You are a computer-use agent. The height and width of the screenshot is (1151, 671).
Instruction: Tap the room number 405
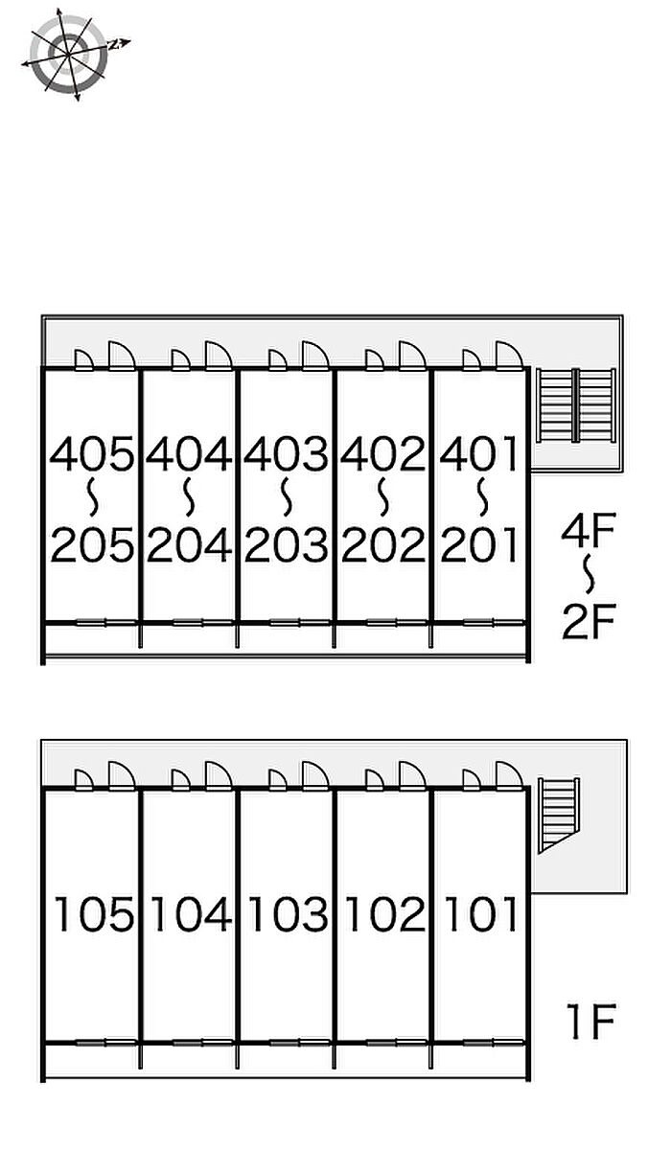pos(92,454)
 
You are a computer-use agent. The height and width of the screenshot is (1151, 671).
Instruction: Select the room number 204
pos(190,546)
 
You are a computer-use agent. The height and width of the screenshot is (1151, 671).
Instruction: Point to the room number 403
pos(287,454)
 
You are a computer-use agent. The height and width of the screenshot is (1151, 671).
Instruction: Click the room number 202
pos(383,546)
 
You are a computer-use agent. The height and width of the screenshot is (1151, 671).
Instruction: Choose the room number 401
pos(480,454)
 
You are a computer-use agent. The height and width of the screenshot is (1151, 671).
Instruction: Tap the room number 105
pos(93,915)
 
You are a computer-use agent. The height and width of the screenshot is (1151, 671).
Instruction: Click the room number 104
pos(190,915)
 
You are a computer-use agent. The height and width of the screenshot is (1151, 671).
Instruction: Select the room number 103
pos(287,915)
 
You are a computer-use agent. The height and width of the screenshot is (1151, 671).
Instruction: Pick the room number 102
pos(383,915)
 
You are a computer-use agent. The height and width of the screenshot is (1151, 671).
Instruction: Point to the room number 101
pos(480,915)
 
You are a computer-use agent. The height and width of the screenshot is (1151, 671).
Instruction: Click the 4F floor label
pos(588,530)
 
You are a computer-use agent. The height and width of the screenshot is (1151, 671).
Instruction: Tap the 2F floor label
pos(588,623)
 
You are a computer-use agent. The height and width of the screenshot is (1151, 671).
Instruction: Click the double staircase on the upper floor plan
pos(575,404)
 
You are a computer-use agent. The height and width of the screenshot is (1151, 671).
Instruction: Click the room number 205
pos(92,546)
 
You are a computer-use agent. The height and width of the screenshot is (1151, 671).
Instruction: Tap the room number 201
pos(480,546)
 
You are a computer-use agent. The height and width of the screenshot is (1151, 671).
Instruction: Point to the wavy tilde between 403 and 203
pos(287,499)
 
